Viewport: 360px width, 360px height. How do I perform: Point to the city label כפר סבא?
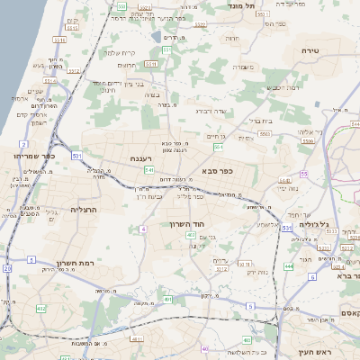coord(220,170)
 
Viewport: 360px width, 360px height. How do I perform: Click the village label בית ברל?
coord(260,120)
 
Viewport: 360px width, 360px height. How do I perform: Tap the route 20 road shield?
coord(7,268)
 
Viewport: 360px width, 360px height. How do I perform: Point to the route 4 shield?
coord(142,229)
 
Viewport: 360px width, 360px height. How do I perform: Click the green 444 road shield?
coord(288,267)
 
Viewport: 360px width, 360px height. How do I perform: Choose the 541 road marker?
coord(149,169)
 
